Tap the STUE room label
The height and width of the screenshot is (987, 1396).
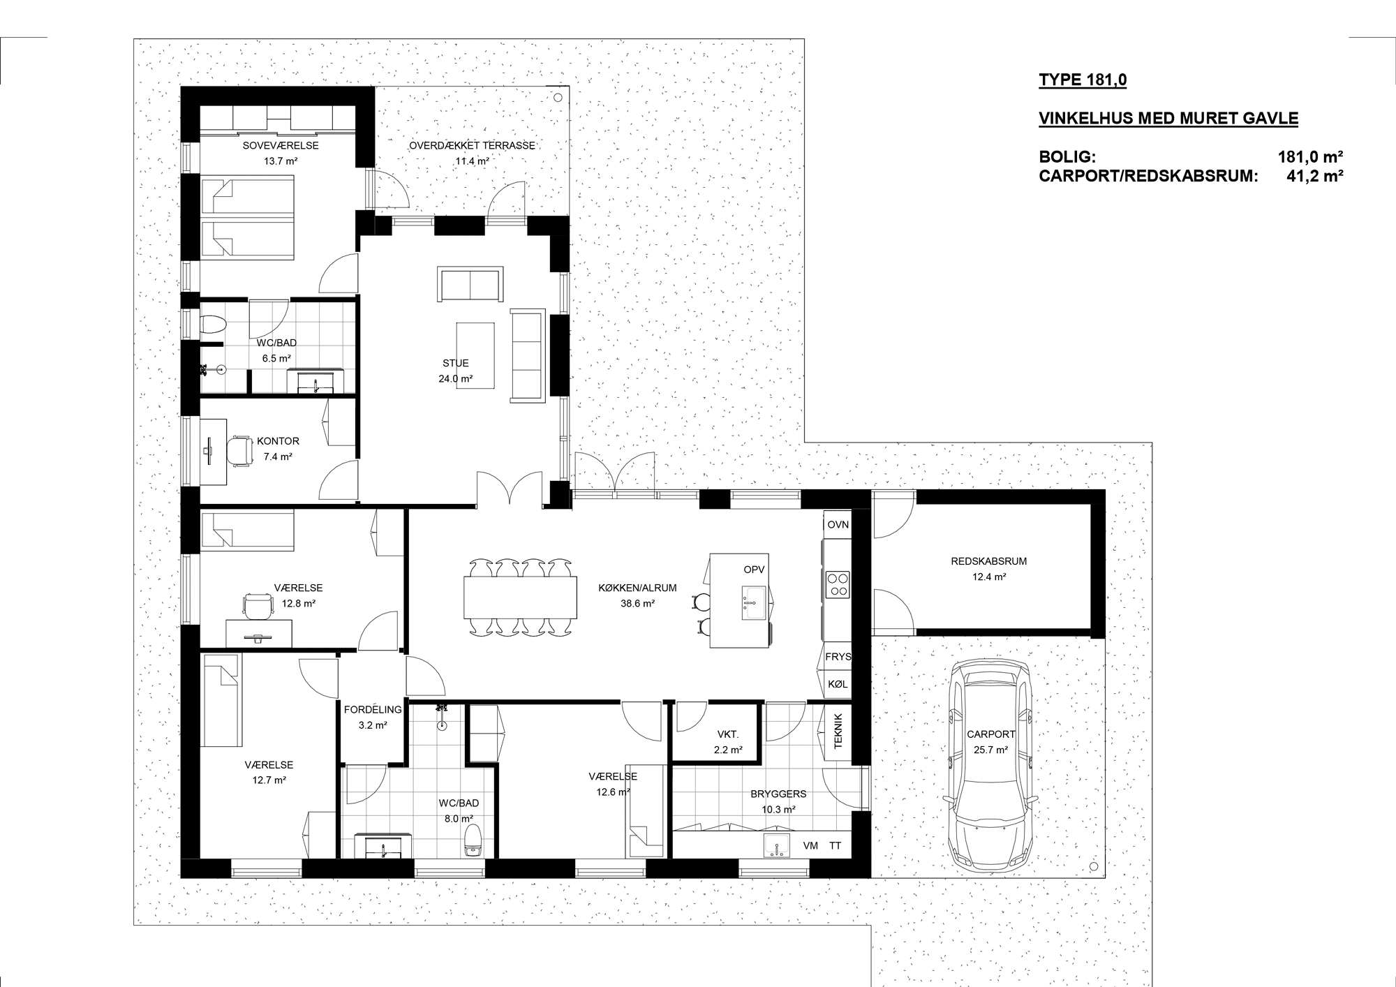pos(456,363)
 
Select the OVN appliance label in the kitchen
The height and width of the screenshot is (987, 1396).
pos(838,524)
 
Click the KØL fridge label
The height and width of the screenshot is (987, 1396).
pos(838,684)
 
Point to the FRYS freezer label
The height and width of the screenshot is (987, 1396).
pos(838,657)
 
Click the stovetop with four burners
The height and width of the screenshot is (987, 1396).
pos(838,585)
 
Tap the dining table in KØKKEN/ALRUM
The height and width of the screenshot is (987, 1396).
pos(521,597)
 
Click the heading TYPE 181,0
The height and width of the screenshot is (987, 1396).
pos(1083,80)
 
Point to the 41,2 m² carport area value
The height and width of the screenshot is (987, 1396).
pos(1315,176)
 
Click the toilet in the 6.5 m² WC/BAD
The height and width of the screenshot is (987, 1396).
pos(212,325)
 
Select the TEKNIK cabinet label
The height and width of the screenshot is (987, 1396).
pos(838,731)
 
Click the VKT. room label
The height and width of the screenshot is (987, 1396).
pos(727,734)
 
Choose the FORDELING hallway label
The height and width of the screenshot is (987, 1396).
pos(373,710)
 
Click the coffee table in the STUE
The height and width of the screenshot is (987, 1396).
pos(475,356)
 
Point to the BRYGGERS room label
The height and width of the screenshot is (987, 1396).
pos(778,794)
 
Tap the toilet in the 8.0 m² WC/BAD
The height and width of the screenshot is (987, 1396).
pos(473,840)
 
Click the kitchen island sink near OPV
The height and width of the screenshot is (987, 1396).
pos(754,603)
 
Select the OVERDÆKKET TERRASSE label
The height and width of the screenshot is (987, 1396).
pos(472,145)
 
